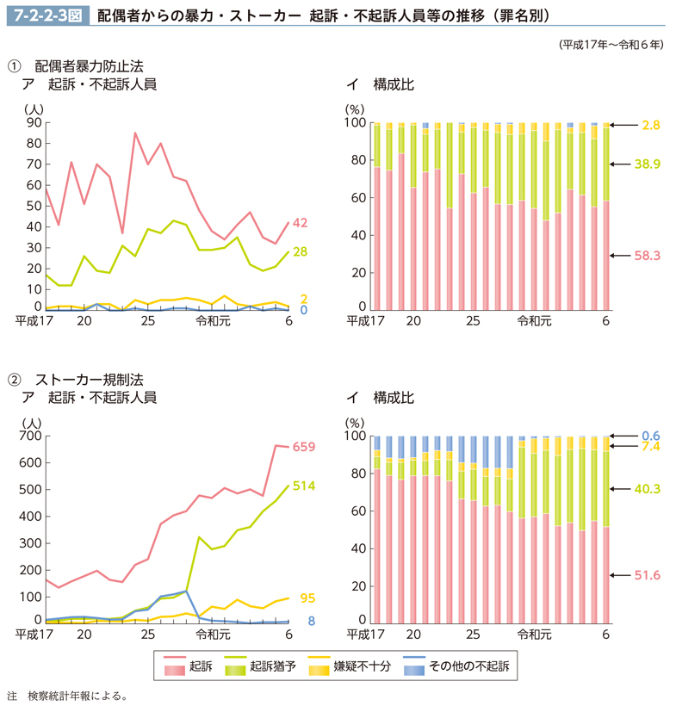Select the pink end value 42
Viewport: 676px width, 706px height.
pos(300,223)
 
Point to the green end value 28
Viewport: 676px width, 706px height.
pos(300,251)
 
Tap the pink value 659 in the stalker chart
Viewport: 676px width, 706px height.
pos(304,447)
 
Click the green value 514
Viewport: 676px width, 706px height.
pos(304,486)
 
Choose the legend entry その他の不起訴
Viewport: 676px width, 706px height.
pos(473,666)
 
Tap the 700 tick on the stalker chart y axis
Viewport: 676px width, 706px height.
pos(29,436)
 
